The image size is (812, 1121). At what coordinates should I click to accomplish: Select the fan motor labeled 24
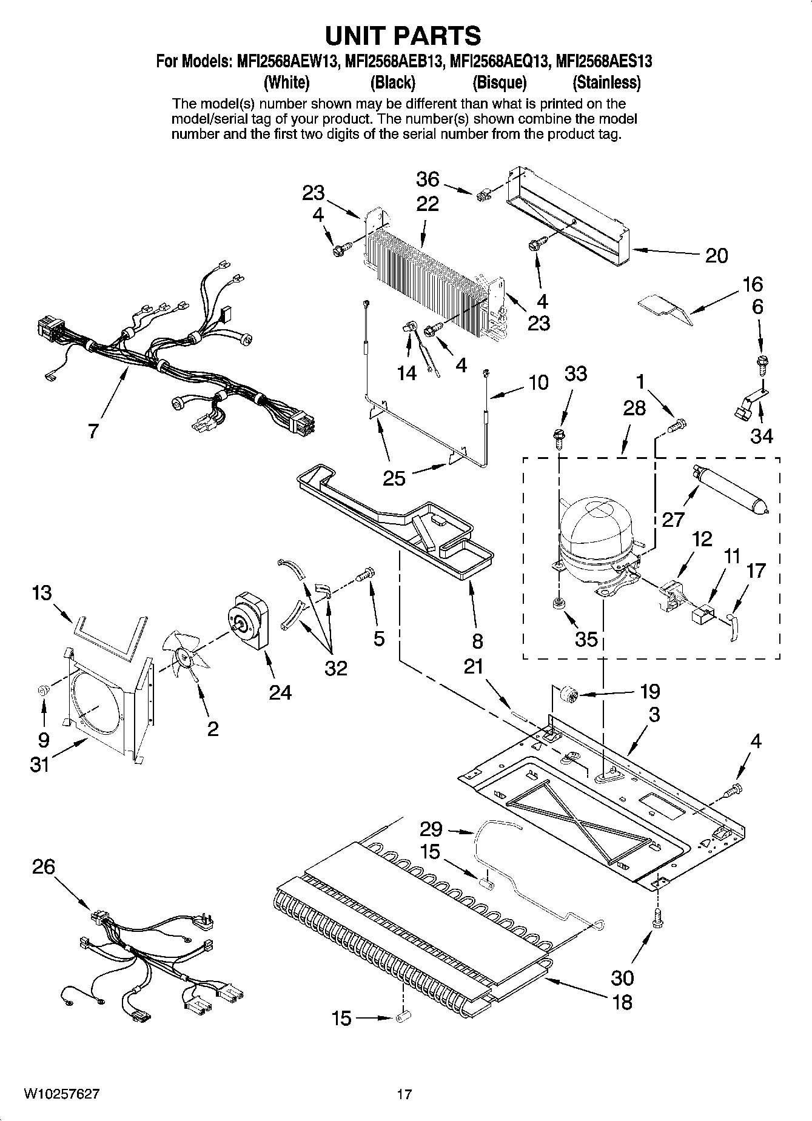(249, 621)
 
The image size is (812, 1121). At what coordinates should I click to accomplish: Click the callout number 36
(428, 179)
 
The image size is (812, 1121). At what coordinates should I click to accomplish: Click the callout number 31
(40, 765)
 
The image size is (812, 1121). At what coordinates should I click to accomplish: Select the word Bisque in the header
(499, 82)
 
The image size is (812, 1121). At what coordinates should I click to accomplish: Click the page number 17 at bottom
(404, 1094)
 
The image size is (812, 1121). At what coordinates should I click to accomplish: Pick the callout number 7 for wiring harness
(92, 431)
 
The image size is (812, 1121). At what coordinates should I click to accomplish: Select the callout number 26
(44, 867)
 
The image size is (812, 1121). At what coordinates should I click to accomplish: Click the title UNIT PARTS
(403, 36)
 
